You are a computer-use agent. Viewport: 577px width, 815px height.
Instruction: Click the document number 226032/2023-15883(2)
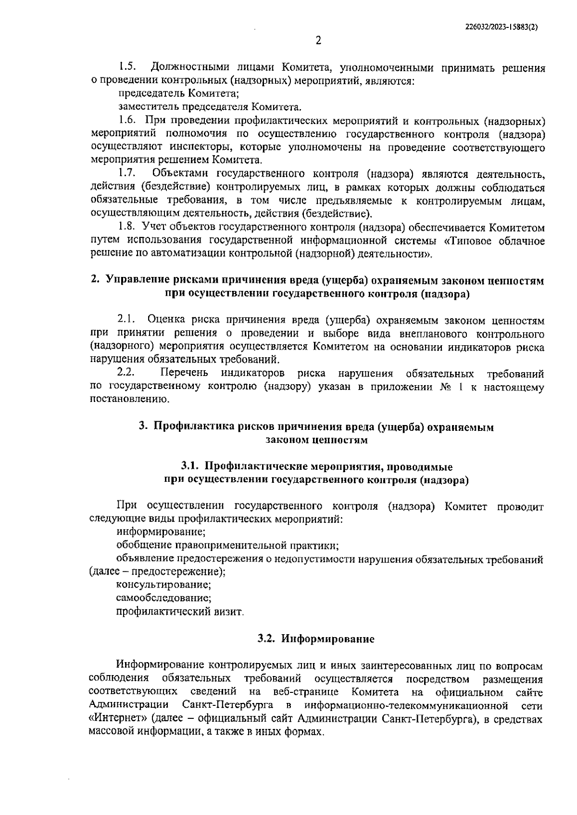coord(502,28)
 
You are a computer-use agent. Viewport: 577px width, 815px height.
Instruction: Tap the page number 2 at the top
coord(318,41)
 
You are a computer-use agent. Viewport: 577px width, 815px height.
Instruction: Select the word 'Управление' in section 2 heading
coord(135,280)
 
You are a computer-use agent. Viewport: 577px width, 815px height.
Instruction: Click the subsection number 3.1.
coord(190,466)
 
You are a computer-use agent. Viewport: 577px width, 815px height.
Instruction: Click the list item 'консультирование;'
coord(163,585)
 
